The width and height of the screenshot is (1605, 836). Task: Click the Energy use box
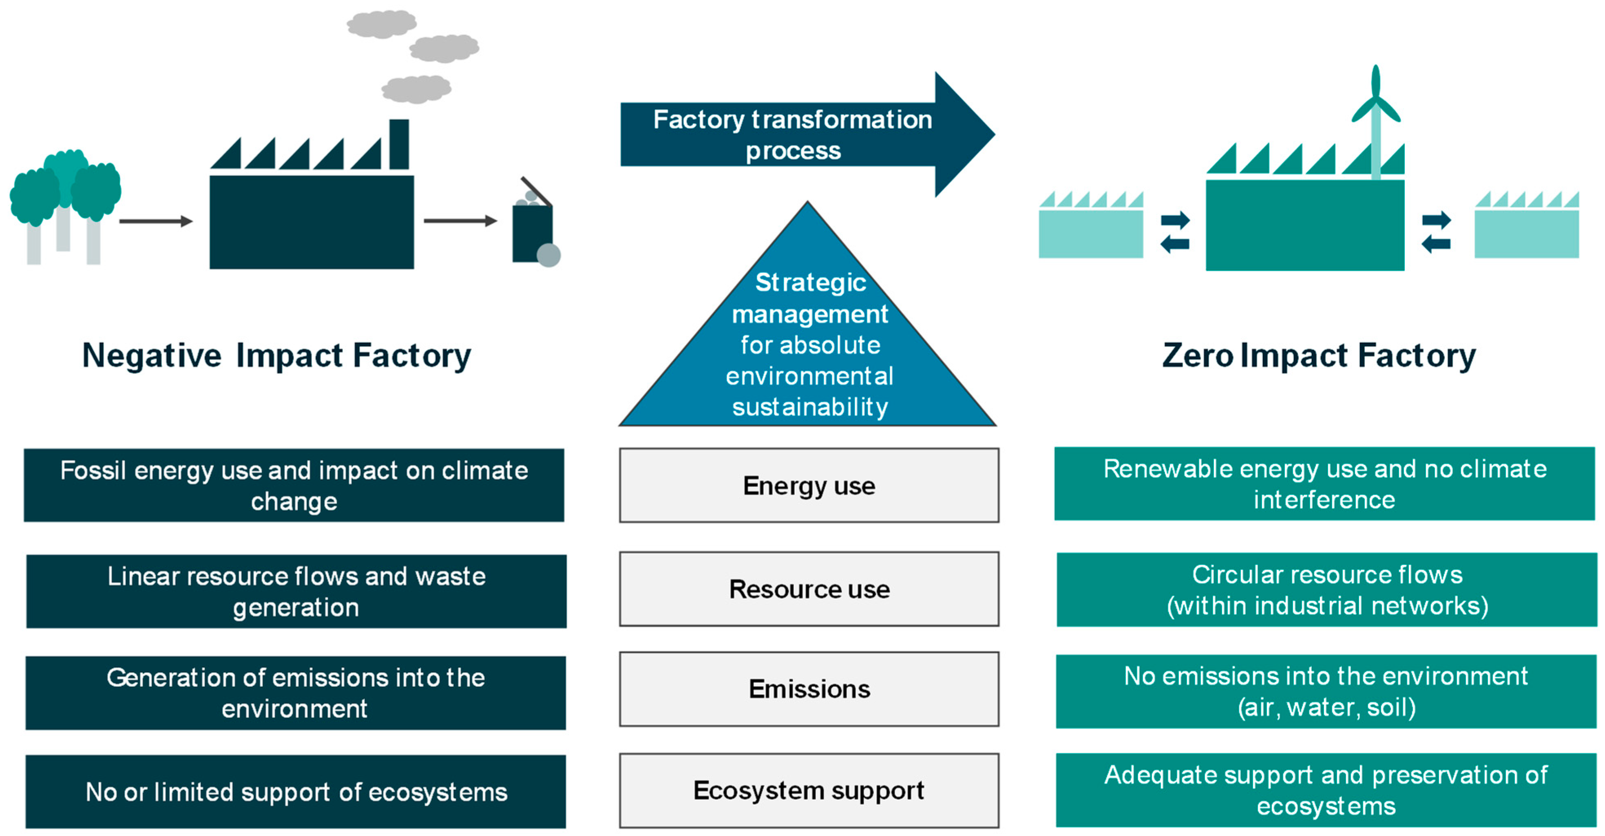pyautogui.click(x=809, y=485)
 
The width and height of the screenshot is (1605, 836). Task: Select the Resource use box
pyautogui.click(x=809, y=589)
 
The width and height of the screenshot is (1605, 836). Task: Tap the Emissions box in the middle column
pyautogui.click(x=809, y=689)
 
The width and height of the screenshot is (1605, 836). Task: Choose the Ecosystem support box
pyautogui.click(x=809, y=790)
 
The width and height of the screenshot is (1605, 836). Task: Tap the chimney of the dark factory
pyautogui.click(x=399, y=145)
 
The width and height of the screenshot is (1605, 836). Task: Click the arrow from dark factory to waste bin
pyautogui.click(x=460, y=221)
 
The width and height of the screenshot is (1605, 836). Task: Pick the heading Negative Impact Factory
pyautogui.click(x=276, y=356)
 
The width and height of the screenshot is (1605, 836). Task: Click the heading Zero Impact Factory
pyautogui.click(x=1318, y=356)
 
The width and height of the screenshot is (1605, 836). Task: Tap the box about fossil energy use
pyautogui.click(x=294, y=485)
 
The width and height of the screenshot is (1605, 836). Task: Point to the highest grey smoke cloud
pyautogui.click(x=381, y=24)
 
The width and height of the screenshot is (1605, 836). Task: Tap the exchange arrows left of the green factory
pyautogui.click(x=1175, y=232)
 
